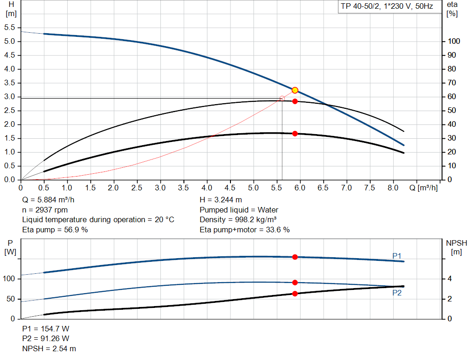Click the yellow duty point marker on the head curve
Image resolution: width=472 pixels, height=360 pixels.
tap(295, 90)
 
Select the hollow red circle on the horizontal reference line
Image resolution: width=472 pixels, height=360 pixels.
tap(282, 98)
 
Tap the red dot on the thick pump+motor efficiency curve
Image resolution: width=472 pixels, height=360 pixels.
tap(295, 134)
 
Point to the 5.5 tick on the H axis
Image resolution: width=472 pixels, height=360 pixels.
tap(10, 28)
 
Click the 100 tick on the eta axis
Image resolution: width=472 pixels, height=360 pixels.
tap(454, 41)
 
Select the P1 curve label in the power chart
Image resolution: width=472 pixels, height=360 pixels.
tap(397, 256)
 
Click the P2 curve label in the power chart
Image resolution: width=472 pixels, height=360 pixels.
tap(397, 293)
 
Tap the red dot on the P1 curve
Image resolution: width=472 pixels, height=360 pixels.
tap(295, 257)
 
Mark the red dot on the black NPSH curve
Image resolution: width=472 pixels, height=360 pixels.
tap(295, 294)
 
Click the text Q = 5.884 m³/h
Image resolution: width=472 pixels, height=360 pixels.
tap(48, 200)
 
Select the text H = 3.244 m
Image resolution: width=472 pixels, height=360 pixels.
tap(221, 200)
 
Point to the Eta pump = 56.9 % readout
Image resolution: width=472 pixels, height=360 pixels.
tap(55, 230)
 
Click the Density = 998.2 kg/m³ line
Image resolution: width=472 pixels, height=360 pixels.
tap(238, 219)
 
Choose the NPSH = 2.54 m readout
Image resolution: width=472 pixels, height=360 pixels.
tap(49, 348)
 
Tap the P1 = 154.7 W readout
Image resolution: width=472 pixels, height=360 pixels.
tap(46, 329)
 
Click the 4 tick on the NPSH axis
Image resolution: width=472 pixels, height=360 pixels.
tap(449, 279)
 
